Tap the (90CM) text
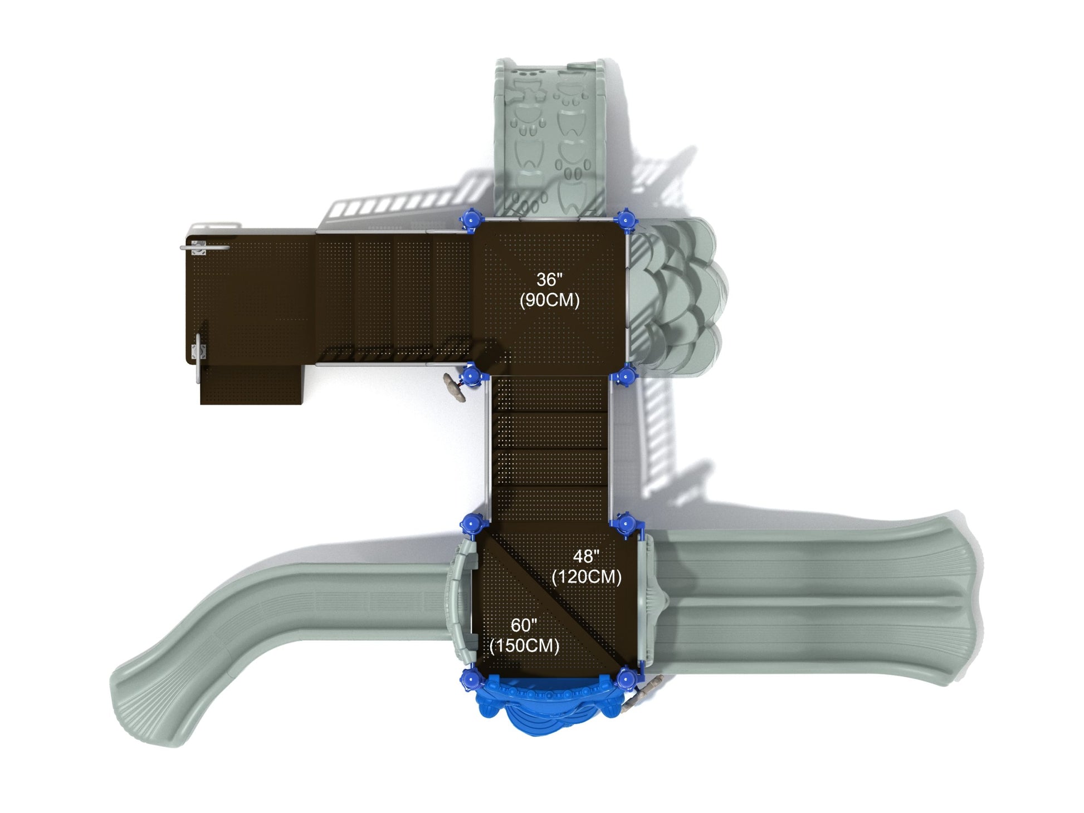(x=549, y=300)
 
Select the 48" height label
(x=586, y=556)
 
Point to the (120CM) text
(x=586, y=576)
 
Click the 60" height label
(x=524, y=625)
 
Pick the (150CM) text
(x=524, y=646)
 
